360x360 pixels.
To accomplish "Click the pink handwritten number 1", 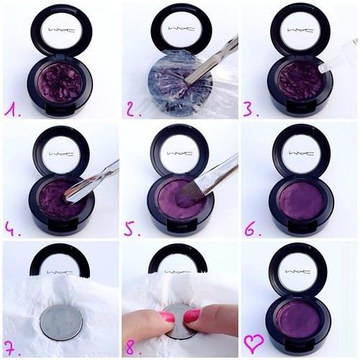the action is [12, 110].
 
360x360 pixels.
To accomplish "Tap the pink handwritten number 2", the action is [133, 110].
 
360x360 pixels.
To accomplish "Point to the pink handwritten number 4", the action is [12, 230].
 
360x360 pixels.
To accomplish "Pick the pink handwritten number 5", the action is [132, 230].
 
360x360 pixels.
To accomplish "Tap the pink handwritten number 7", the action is [12, 348].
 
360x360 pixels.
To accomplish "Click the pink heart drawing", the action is [254, 343].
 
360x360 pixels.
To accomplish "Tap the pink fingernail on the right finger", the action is [192, 316].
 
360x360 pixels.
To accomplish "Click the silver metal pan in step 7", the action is [61, 322].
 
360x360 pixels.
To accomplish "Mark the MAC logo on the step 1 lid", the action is [62, 30].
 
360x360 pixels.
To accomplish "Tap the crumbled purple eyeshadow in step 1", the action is [60, 84].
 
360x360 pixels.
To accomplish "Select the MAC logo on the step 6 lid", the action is [302, 153].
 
